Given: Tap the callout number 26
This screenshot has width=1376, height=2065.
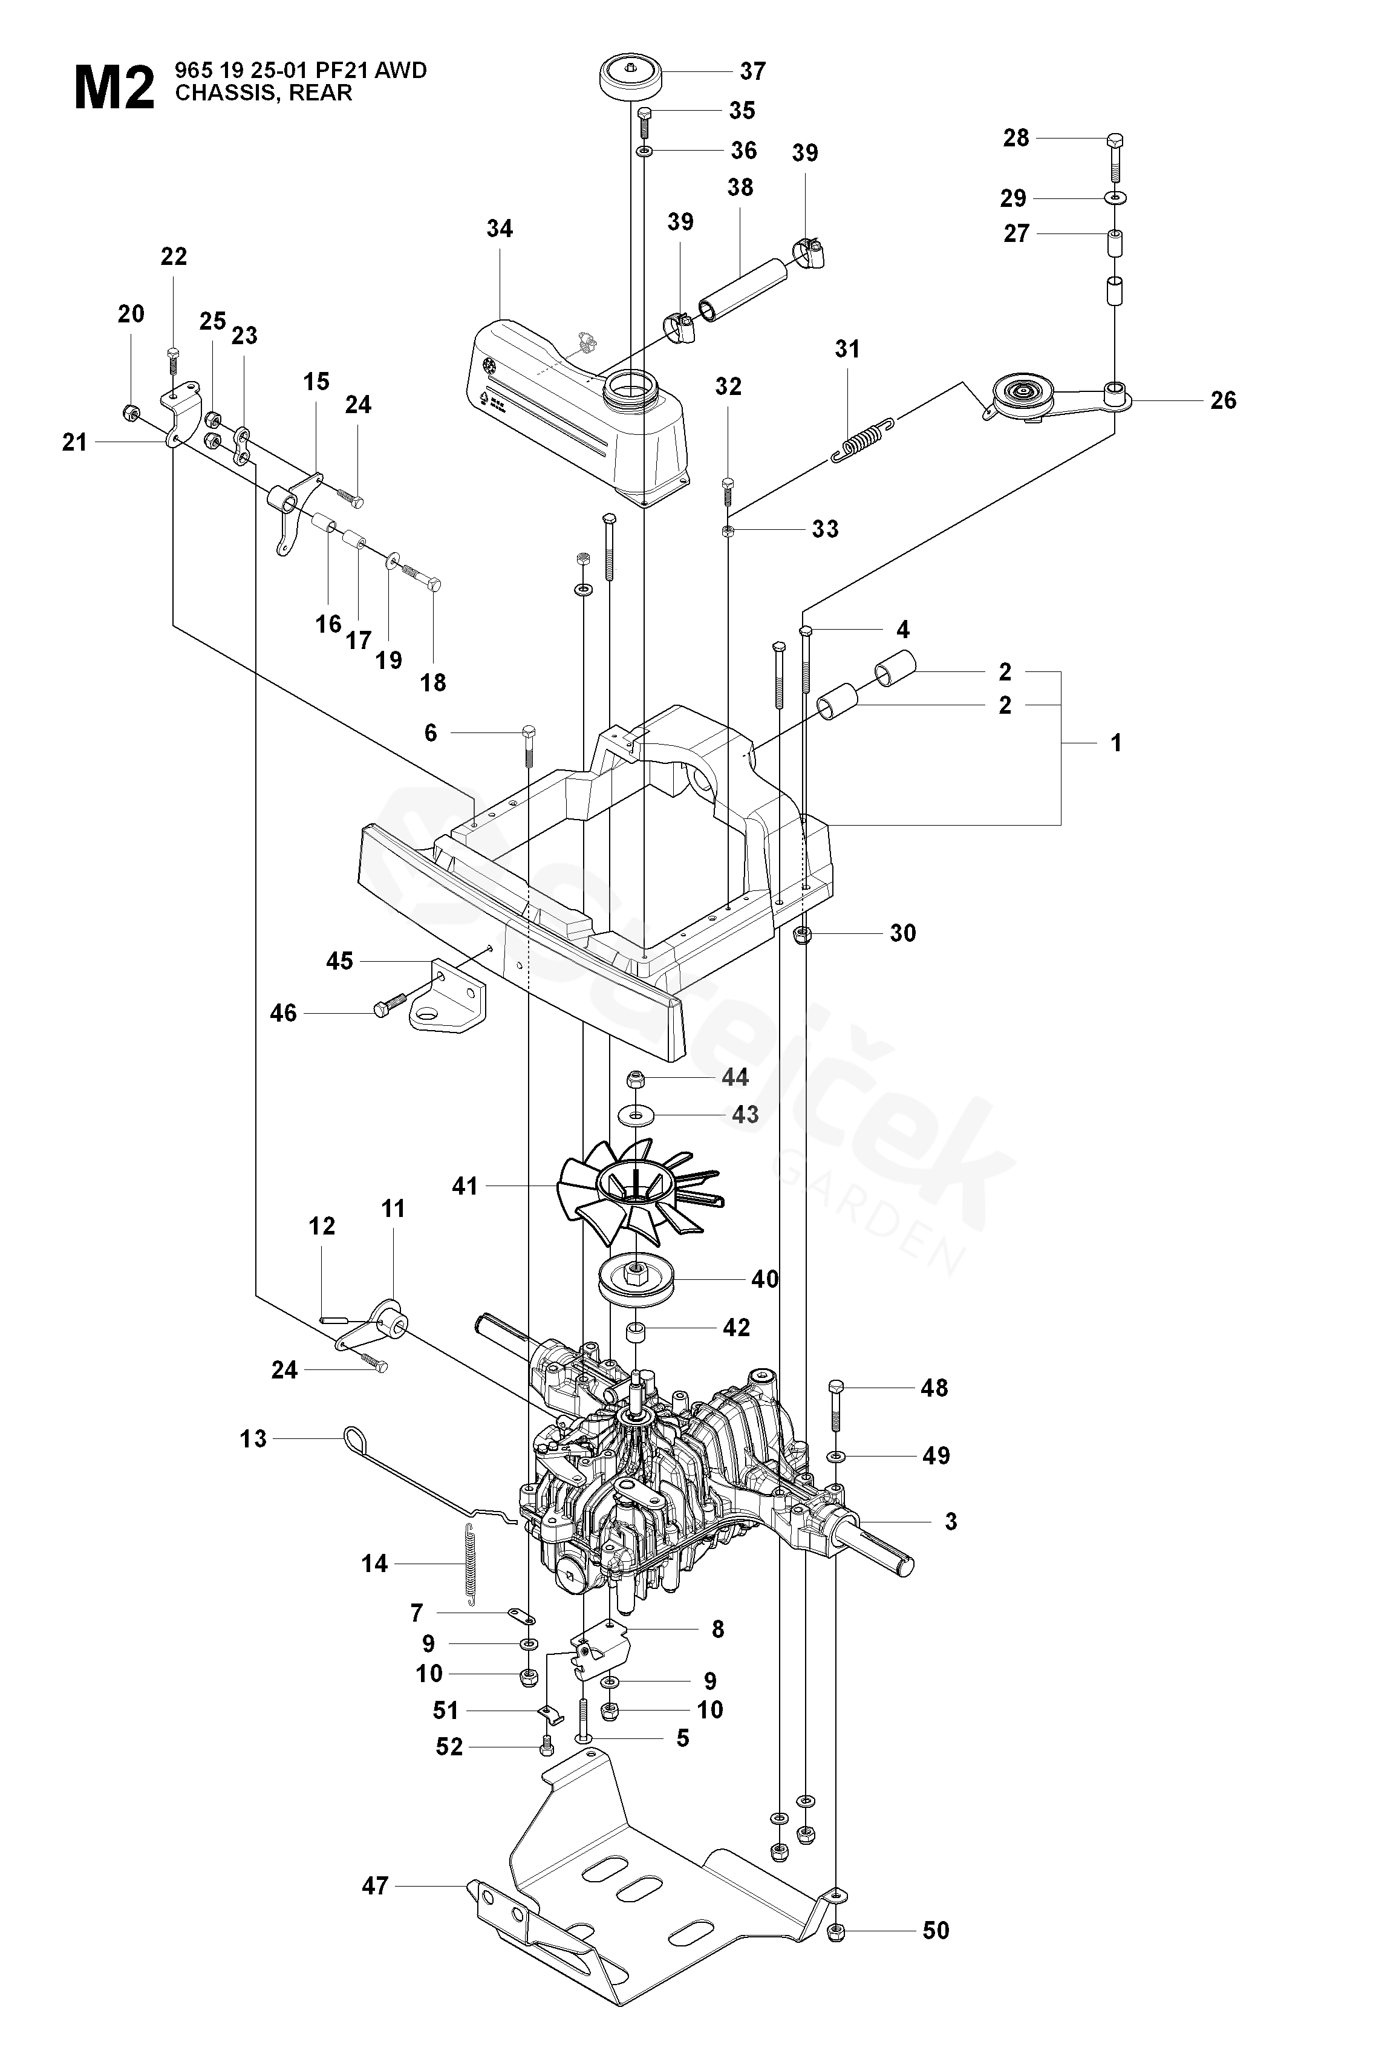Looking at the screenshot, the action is click(1224, 400).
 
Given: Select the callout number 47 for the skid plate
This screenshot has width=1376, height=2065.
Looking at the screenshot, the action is click(375, 1885).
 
